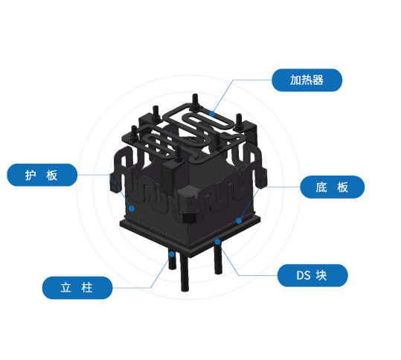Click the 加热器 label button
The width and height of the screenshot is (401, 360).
pyautogui.click(x=307, y=80)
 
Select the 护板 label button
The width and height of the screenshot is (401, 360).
pyautogui.click(x=42, y=175)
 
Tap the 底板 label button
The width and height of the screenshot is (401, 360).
pyautogui.click(x=333, y=187)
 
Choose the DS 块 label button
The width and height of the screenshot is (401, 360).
pyautogui.click(x=312, y=275)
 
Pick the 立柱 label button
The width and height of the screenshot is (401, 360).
pyautogui.click(x=77, y=288)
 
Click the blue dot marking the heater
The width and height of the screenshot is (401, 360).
pyautogui.click(x=212, y=114)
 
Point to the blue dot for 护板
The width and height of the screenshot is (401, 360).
pyautogui.click(x=132, y=208)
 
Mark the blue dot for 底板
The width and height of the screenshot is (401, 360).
pyautogui.click(x=239, y=221)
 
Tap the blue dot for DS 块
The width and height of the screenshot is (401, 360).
pyautogui.click(x=218, y=242)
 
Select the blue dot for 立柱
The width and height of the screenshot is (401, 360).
pyautogui.click(x=172, y=254)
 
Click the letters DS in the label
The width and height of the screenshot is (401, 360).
pyautogui.click(x=304, y=276)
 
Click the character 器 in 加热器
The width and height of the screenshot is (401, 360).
pyautogui.click(x=318, y=80)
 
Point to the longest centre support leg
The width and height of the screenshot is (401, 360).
pyautogui.click(x=185, y=274)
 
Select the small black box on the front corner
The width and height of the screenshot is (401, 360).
pyautogui.click(x=189, y=219)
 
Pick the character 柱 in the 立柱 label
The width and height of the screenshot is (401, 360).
pyautogui.click(x=87, y=288)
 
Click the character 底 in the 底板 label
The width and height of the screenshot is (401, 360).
pyautogui.click(x=321, y=187)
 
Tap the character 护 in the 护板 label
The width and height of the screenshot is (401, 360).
pyautogui.click(x=31, y=175)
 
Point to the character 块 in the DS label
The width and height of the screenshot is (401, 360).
pyautogui.click(x=321, y=276)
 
